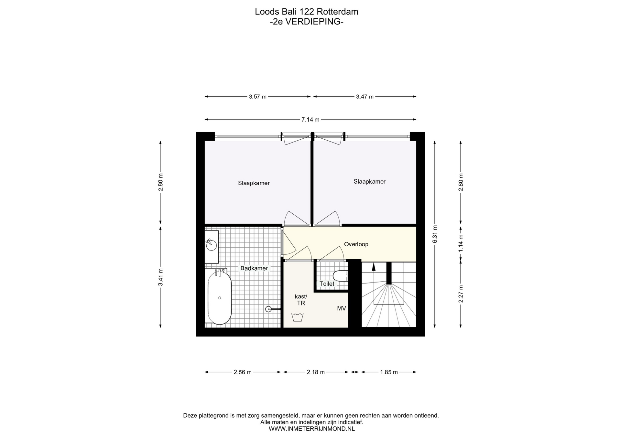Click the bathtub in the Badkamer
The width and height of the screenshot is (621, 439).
coord(220,298)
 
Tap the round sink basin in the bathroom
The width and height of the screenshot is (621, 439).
coord(212,244)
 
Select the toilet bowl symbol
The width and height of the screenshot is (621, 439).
coord(340,276)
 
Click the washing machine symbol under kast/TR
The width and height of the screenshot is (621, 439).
coord(297,317)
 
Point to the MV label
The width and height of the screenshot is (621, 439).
coord(342,308)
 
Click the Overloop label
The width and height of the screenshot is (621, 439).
coord(356,244)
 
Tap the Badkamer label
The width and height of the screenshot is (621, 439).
coord(254,268)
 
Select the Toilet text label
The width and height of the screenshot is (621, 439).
coord(327,284)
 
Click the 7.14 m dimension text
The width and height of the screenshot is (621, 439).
coord(310,120)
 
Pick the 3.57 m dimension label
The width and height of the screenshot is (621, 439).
coord(258,97)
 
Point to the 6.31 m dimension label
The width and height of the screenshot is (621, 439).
coord(435,234)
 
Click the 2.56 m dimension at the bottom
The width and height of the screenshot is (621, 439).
coord(243,372)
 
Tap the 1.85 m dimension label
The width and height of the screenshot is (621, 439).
coord(389,372)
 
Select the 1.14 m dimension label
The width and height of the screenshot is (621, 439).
coord(461,243)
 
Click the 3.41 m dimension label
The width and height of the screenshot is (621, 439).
coord(160,277)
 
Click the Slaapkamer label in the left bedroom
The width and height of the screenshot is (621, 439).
coord(254,183)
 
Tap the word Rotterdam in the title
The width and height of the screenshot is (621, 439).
coord(337,12)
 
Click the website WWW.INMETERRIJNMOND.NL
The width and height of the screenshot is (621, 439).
coord(312,429)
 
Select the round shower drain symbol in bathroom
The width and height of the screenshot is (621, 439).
coord(268,309)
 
